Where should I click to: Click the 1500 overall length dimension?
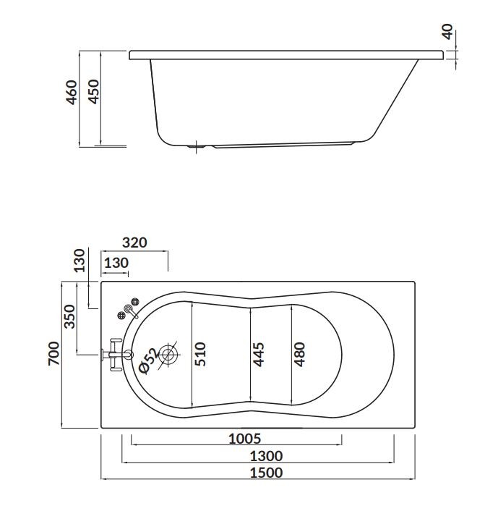click(267, 473)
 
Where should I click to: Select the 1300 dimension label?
click(267, 456)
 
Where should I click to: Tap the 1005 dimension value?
click(244, 439)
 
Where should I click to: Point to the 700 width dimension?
click(53, 353)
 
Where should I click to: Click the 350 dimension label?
click(69, 316)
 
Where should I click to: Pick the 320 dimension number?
click(134, 243)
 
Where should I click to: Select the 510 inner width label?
click(200, 354)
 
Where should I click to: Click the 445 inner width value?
click(258, 355)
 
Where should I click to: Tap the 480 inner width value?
click(299, 354)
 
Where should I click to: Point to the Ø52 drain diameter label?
click(148, 361)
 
